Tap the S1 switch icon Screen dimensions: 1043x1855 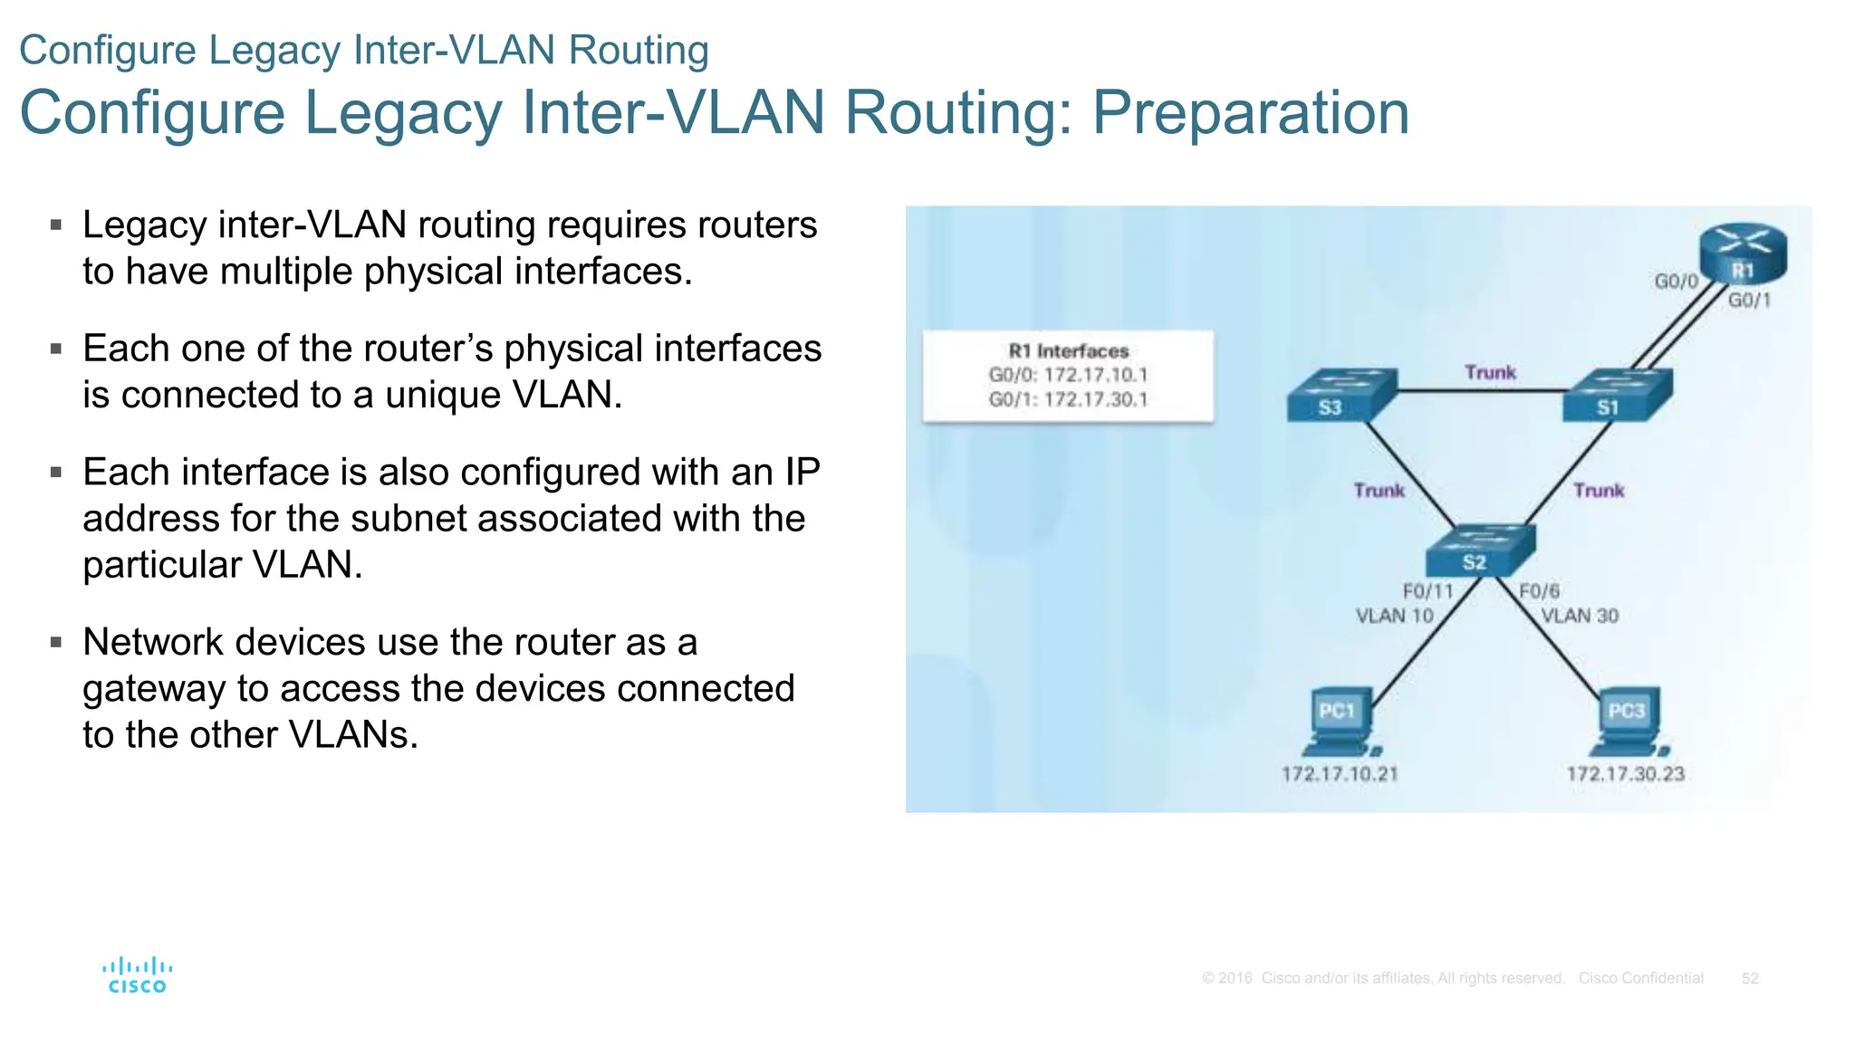coord(1617,395)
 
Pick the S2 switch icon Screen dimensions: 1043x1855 coord(1480,550)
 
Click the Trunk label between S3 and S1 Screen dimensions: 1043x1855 coord(1490,372)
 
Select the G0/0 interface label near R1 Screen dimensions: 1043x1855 coord(1676,282)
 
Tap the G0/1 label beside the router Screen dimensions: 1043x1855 coord(1749,301)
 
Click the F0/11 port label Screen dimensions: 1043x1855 coord(1427,591)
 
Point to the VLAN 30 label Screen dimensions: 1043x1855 coord(1580,616)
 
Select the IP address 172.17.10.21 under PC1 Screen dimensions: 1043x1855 coord(1340,774)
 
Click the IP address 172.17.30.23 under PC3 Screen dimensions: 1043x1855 coord(1626,774)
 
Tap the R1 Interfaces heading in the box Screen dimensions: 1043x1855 coord(1069,351)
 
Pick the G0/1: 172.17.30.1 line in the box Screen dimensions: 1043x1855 coord(1068,399)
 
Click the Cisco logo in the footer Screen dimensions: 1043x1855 coord(137,975)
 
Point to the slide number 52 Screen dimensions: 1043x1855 coord(1750,979)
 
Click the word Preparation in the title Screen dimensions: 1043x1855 coord(1250,113)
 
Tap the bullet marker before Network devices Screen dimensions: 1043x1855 coord(56,643)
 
